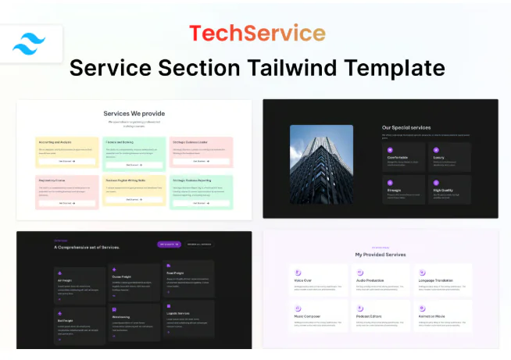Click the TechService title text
256,33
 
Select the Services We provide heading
134,113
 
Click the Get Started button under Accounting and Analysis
66,161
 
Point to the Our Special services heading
406,127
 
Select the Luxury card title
438,157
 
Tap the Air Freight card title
66,280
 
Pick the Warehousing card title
121,317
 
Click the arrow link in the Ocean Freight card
114,297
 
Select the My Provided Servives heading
380,254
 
